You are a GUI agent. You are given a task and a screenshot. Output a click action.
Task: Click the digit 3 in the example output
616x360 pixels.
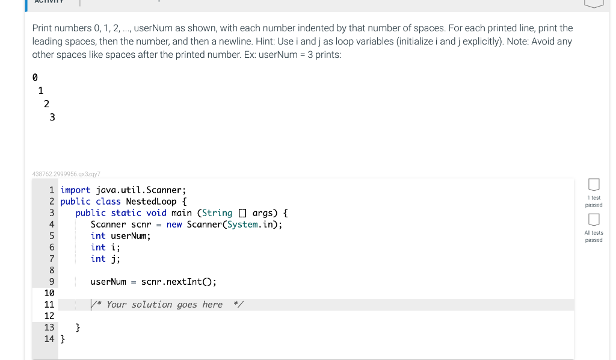pyautogui.click(x=52, y=117)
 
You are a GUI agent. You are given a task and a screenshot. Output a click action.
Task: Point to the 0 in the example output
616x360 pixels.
pyautogui.click(x=34, y=78)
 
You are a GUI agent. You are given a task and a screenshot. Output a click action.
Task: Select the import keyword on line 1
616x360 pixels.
pyautogui.click(x=75, y=190)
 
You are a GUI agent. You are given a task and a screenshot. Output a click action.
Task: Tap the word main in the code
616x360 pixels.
pyautogui.click(x=182, y=213)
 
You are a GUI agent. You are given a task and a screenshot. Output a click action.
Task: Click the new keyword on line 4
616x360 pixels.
pyautogui.click(x=174, y=225)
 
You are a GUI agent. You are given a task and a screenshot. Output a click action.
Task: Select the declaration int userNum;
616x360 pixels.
pyautogui.click(x=120, y=236)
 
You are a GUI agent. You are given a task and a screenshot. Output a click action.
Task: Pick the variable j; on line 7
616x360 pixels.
pyautogui.click(x=115, y=259)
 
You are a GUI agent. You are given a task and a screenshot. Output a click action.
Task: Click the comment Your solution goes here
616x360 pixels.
pyautogui.click(x=164, y=305)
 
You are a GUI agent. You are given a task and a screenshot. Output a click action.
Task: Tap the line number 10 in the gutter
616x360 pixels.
pyautogui.click(x=49, y=293)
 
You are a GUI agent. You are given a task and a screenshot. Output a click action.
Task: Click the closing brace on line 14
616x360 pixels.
pyautogui.click(x=63, y=339)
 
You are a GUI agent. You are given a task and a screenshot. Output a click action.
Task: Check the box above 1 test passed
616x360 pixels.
pyautogui.click(x=593, y=184)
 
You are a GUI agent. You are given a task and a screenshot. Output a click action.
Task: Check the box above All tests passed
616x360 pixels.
pyautogui.click(x=593, y=219)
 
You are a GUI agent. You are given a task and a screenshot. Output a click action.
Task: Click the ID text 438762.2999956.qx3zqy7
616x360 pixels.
pyautogui.click(x=66, y=173)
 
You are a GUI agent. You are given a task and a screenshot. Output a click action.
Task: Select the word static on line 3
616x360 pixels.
pyautogui.click(x=126, y=213)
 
